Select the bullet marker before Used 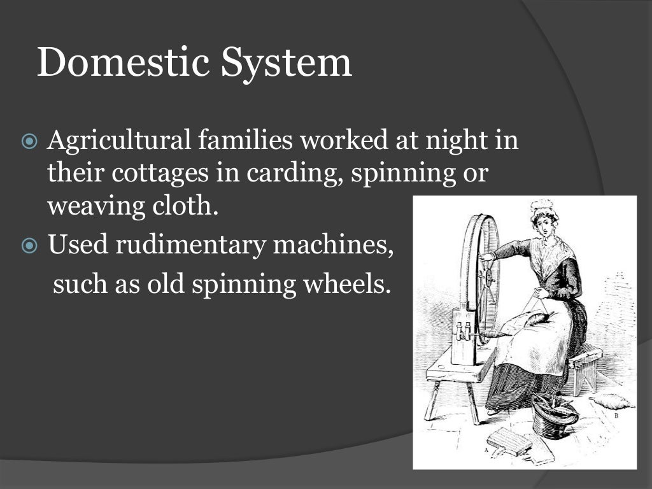pyautogui.click(x=30, y=246)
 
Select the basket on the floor pyautogui.click(x=554, y=417)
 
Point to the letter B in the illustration pyautogui.click(x=616, y=415)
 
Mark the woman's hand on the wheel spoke pyautogui.click(x=487, y=257)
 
